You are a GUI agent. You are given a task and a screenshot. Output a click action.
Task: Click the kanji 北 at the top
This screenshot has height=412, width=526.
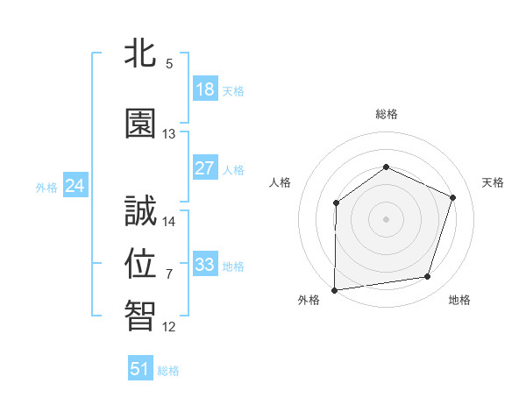pyautogui.click(x=140, y=53)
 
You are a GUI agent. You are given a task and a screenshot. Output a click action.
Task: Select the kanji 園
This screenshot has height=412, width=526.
pyautogui.click(x=140, y=124)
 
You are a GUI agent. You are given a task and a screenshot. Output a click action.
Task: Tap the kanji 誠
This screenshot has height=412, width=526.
pyautogui.click(x=140, y=211)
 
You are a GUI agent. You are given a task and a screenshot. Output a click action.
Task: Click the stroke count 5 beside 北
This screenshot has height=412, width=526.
pyautogui.click(x=169, y=64)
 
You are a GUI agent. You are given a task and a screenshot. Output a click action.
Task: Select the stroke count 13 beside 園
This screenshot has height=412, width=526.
pyautogui.click(x=169, y=134)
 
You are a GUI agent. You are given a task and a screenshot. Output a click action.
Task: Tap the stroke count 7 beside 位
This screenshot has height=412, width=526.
pyautogui.click(x=169, y=274)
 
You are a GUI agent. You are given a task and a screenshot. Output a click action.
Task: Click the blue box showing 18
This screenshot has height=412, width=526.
pyautogui.click(x=204, y=89)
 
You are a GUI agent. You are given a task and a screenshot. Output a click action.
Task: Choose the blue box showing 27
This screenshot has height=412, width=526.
pyautogui.click(x=204, y=167)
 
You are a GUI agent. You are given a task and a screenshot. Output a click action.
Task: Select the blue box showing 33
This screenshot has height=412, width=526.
pyautogui.click(x=204, y=264)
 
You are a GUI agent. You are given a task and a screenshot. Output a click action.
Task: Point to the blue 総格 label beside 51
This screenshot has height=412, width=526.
pyautogui.click(x=168, y=371)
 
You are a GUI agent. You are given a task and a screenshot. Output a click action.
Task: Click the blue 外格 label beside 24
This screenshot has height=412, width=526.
pyautogui.click(x=46, y=187)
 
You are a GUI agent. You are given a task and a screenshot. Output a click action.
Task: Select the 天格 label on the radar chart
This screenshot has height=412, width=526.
pyautogui.click(x=493, y=182)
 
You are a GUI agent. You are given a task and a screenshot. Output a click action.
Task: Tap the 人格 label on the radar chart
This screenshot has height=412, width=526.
pyautogui.click(x=280, y=182)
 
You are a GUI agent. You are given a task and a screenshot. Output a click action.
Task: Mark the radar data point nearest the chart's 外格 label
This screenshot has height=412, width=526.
pyautogui.click(x=334, y=289)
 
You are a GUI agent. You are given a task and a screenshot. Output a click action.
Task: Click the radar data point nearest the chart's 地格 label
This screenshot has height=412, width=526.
pyautogui.click(x=428, y=277)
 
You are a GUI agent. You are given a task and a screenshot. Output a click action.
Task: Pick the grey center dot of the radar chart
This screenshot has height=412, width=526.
pyautogui.click(x=386, y=218)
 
